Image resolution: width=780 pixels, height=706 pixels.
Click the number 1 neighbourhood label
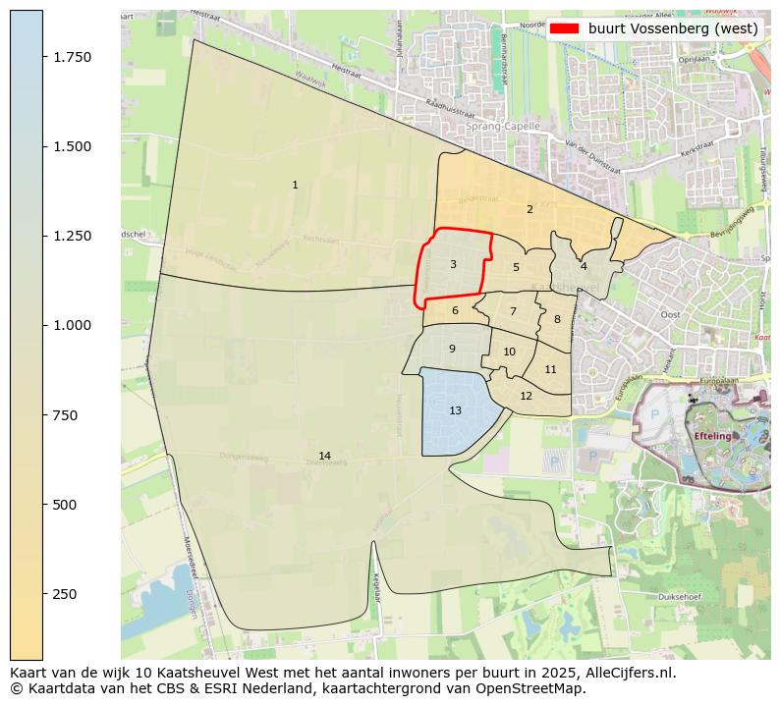295,185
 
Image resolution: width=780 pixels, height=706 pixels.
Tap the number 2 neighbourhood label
529,209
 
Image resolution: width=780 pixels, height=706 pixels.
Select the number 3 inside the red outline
453,264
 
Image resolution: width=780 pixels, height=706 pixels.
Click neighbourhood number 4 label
584,266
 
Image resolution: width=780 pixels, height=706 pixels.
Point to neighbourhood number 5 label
516,267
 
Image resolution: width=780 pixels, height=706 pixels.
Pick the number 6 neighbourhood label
455,311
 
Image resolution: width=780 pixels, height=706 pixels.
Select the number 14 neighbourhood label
324,456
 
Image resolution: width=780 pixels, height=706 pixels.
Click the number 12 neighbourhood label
526,396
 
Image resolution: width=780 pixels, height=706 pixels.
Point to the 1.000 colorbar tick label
72,325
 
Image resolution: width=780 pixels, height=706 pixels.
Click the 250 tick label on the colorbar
66,594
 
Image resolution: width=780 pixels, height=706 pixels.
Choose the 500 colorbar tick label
66,505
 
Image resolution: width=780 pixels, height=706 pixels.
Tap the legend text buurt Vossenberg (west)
673,28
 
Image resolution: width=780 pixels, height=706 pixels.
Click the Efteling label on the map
713,435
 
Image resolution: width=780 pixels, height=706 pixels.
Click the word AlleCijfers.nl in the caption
625,674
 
